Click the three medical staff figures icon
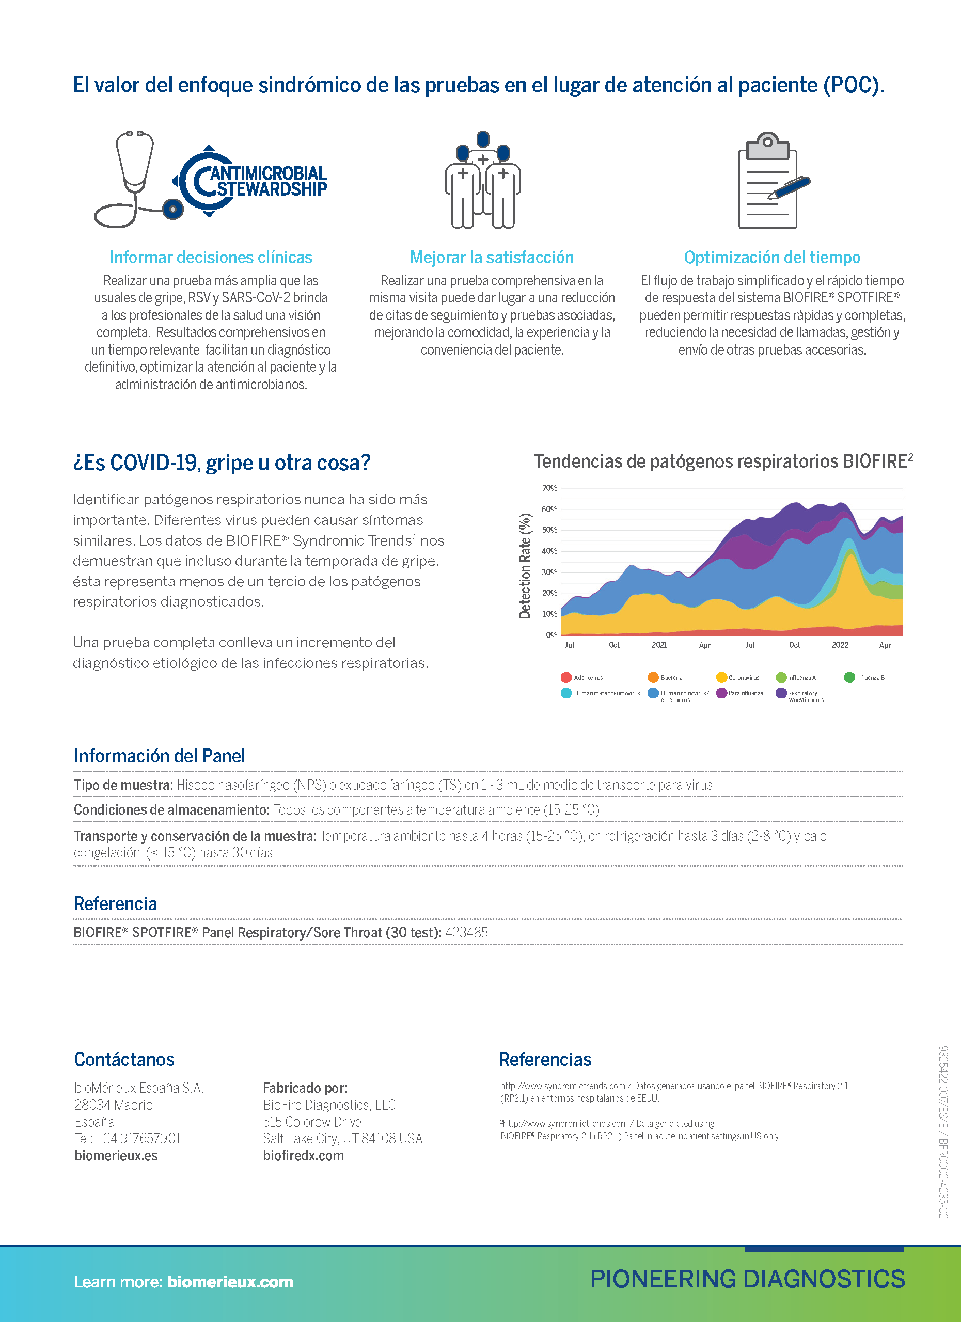(482, 180)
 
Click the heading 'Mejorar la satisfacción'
(492, 257)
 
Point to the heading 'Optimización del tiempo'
(771, 257)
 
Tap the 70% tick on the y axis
(549, 488)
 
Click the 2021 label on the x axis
(659, 645)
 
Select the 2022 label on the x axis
(840, 645)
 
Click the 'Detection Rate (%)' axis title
(525, 565)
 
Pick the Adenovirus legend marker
(565, 677)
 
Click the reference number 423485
(466, 932)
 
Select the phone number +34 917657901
(138, 1138)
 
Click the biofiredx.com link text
(303, 1155)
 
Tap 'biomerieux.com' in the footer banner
(230, 1282)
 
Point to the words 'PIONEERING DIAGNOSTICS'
(747, 1279)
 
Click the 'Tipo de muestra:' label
(123, 785)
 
